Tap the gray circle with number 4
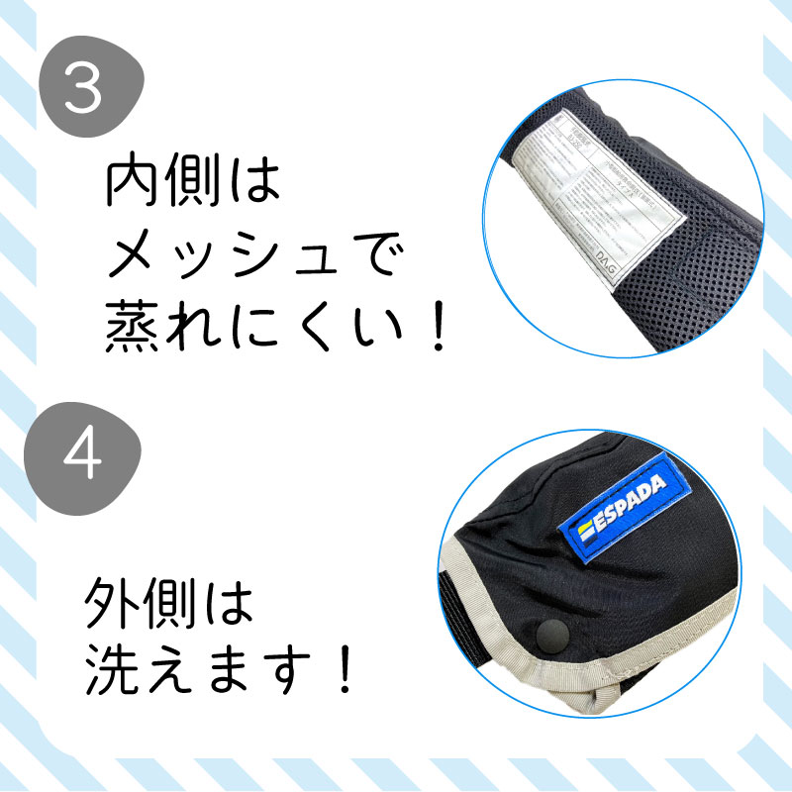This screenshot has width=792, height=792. pyautogui.click(x=87, y=457)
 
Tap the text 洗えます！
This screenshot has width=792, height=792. pyautogui.click(x=218, y=669)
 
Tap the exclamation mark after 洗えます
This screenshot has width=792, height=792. pyautogui.click(x=343, y=669)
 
